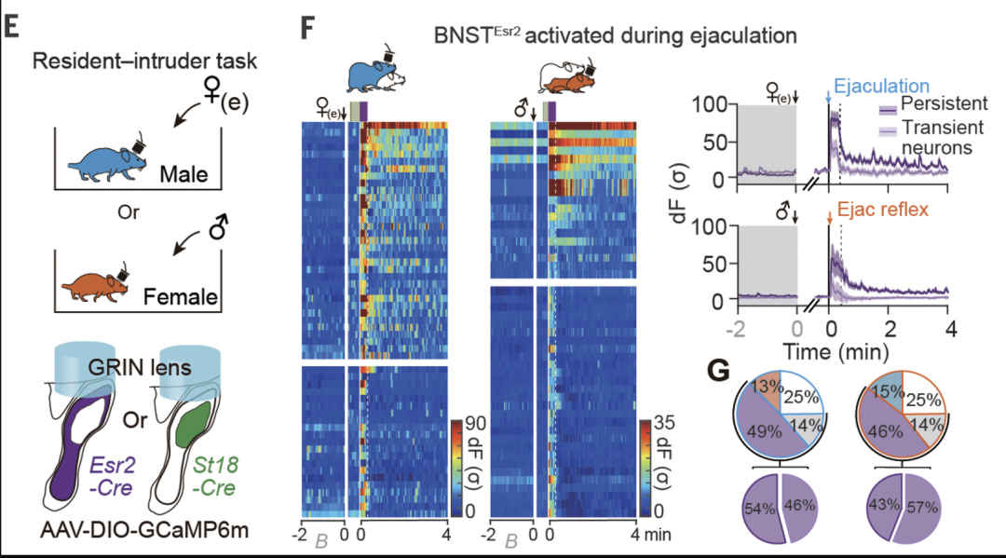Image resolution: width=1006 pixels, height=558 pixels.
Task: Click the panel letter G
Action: coord(719,371)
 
